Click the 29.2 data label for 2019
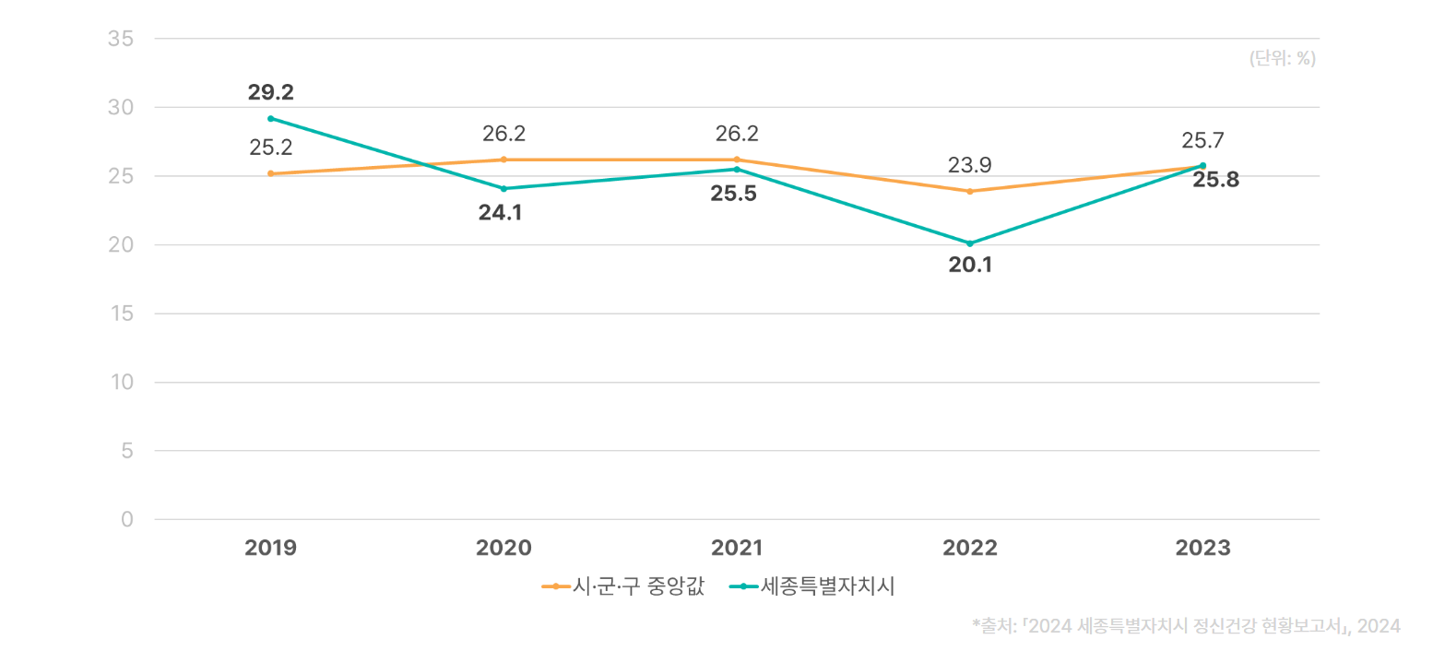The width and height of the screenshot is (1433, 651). pyautogui.click(x=270, y=92)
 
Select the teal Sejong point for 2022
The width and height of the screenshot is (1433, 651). pyautogui.click(x=969, y=243)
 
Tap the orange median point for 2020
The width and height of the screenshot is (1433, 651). pyautogui.click(x=503, y=160)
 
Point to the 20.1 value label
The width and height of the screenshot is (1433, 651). pyautogui.click(x=970, y=266)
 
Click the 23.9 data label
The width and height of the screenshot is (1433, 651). pyautogui.click(x=970, y=166)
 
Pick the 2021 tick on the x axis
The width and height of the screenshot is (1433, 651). pyautogui.click(x=737, y=549)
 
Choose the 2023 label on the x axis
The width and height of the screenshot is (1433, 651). pyautogui.click(x=1202, y=549)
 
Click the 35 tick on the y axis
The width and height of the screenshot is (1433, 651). pyautogui.click(x=121, y=39)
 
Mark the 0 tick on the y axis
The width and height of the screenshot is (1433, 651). pyautogui.click(x=127, y=520)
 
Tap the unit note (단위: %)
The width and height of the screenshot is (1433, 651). pyautogui.click(x=1282, y=59)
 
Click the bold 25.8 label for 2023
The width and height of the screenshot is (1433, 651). pyautogui.click(x=1215, y=181)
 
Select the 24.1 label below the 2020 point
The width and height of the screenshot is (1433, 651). pyautogui.click(x=501, y=213)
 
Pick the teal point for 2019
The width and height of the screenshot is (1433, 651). pyautogui.click(x=270, y=119)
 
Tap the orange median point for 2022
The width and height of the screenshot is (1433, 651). pyautogui.click(x=969, y=191)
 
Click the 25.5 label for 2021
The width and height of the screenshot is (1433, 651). pyautogui.click(x=733, y=195)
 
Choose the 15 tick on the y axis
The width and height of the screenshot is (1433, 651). pyautogui.click(x=121, y=314)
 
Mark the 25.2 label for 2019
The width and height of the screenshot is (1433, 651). pyautogui.click(x=270, y=147)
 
